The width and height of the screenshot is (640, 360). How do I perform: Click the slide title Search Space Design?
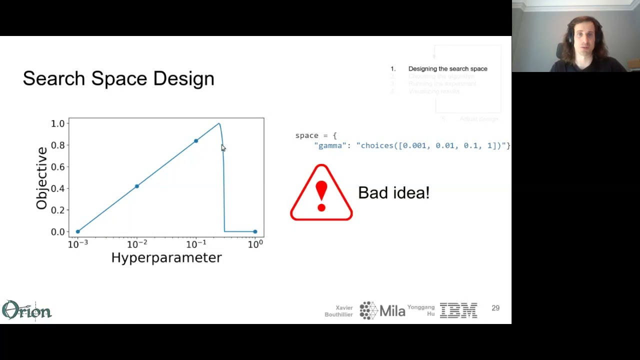click(118, 78)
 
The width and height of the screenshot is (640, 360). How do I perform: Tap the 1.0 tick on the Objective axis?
click(58, 123)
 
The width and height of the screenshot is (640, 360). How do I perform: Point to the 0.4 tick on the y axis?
click(58, 188)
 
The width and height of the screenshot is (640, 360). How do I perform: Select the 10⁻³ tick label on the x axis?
click(77, 244)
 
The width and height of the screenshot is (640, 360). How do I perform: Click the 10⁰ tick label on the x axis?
click(255, 244)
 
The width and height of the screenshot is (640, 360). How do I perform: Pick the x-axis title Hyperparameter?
click(166, 257)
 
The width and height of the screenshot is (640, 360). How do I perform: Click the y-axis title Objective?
click(41, 178)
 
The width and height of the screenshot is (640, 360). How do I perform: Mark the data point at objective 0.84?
click(196, 141)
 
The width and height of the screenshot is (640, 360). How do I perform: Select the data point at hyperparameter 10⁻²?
click(137, 186)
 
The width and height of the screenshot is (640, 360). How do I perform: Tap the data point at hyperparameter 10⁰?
click(255, 231)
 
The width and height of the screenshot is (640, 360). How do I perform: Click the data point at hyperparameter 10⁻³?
click(77, 231)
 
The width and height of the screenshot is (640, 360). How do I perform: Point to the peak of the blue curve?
click(219, 123)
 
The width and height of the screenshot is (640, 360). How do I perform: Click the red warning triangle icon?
click(321, 193)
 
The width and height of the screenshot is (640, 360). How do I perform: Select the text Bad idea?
click(393, 193)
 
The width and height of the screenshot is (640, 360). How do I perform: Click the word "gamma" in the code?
click(330, 145)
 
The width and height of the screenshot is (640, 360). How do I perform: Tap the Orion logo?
click(26, 310)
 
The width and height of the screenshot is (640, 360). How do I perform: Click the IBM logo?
click(458, 310)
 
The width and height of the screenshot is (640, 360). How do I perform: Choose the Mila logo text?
click(392, 310)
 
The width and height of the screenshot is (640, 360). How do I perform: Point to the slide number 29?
click(495, 308)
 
